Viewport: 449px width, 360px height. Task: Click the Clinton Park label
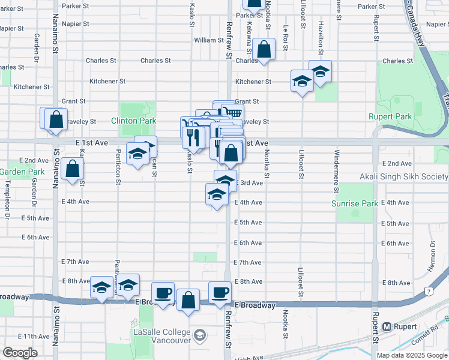pos(133,121)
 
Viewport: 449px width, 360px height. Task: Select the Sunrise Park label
pos(355,203)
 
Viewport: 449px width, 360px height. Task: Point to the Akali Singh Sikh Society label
pos(403,176)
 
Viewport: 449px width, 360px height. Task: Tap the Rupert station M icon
pos(387,327)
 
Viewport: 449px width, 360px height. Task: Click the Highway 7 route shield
pos(429,292)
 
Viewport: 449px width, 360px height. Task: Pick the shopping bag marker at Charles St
pos(264,50)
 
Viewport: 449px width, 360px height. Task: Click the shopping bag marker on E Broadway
pos(188,301)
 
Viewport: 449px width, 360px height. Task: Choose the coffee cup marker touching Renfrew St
pos(220,293)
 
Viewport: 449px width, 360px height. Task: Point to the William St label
pos(209,40)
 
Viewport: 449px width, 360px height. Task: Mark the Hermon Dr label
pos(431,257)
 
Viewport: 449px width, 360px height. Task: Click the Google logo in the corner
pos(20,353)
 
